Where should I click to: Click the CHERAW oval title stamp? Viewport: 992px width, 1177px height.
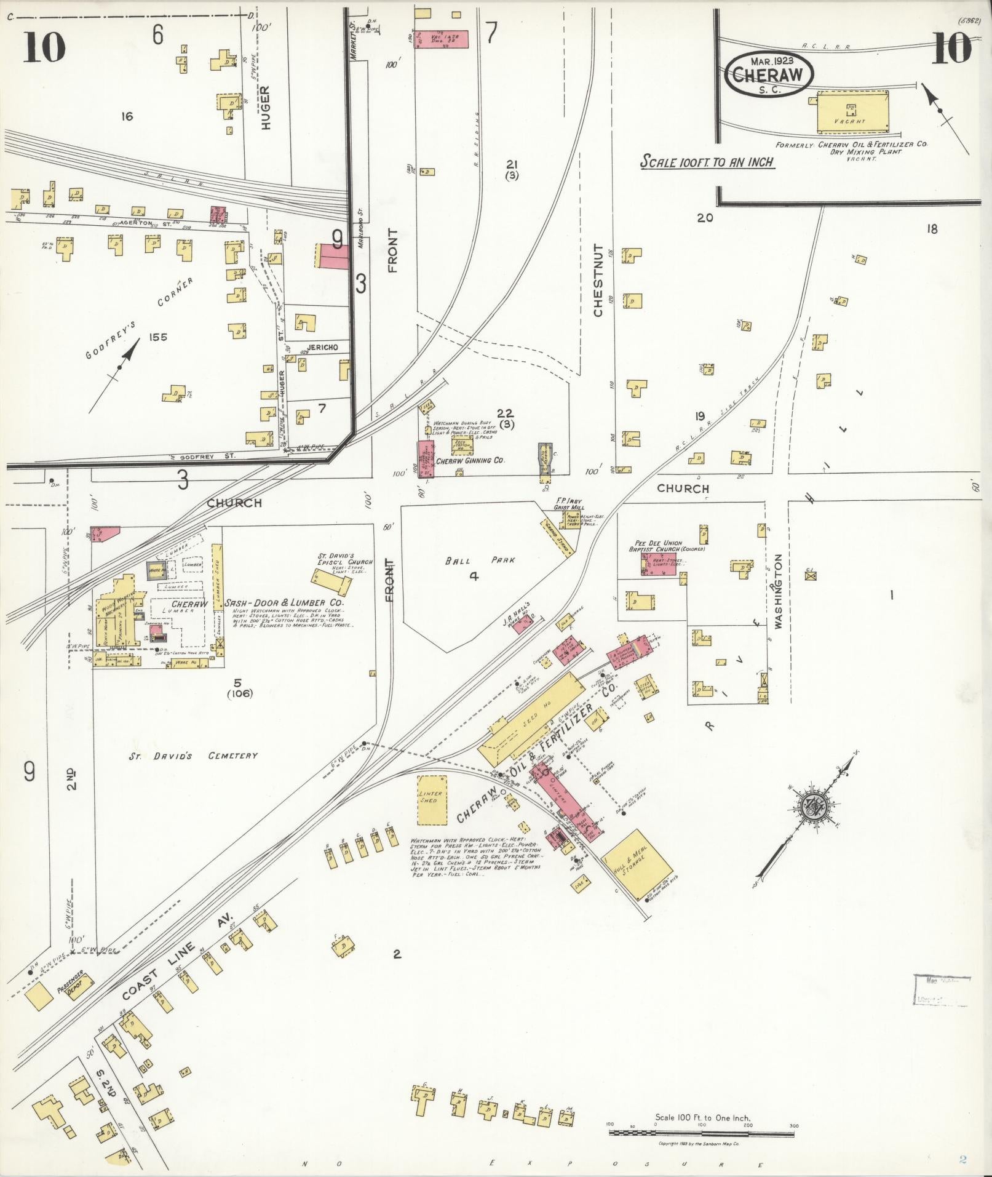pos(769,74)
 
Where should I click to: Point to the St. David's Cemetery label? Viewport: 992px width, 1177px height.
pos(193,756)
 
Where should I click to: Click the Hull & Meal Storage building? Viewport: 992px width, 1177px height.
pos(637,863)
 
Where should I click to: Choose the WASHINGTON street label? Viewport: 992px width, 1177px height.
pos(779,591)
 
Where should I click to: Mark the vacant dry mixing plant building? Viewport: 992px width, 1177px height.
pos(852,112)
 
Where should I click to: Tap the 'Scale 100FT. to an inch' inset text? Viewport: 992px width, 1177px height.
pos(707,162)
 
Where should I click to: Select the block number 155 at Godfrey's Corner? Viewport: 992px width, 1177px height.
pos(157,337)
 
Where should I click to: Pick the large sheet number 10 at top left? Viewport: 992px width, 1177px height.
pos(45,48)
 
